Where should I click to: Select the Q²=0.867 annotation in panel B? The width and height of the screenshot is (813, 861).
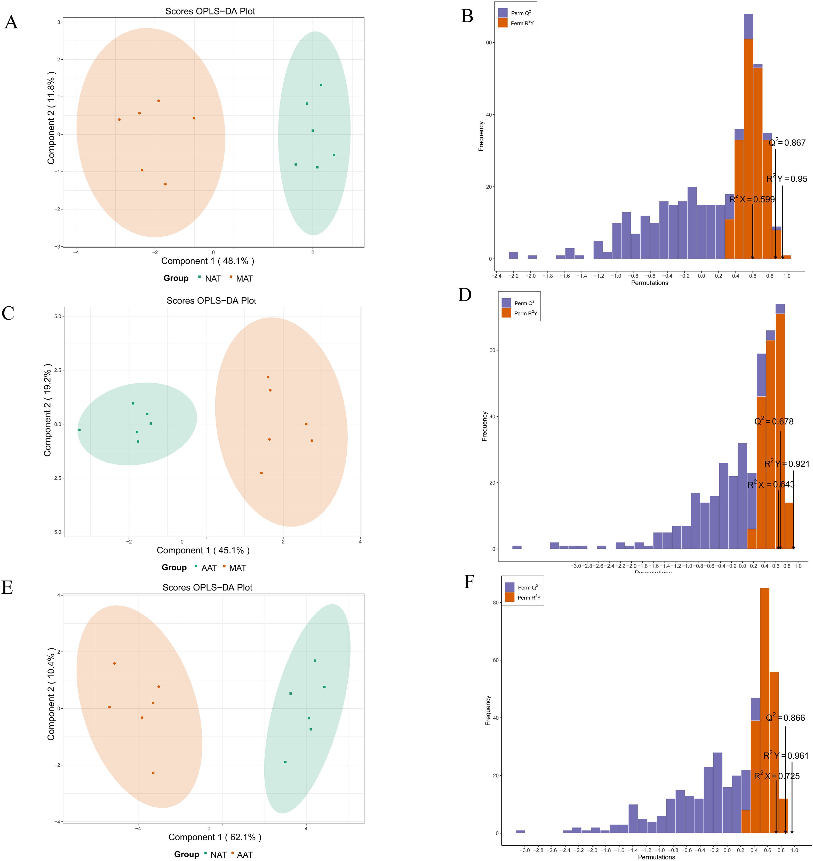pos(787,143)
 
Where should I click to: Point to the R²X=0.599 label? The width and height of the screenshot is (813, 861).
pos(752,199)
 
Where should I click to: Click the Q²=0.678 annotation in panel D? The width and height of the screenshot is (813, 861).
pos(774,421)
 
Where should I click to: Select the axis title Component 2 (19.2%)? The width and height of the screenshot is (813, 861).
pos(48,410)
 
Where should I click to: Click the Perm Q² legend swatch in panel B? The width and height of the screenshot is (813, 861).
pos(503,13)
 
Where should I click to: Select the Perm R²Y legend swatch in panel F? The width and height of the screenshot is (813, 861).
pos(510,597)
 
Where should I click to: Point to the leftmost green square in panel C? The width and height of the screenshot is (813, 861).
pos(79,430)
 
